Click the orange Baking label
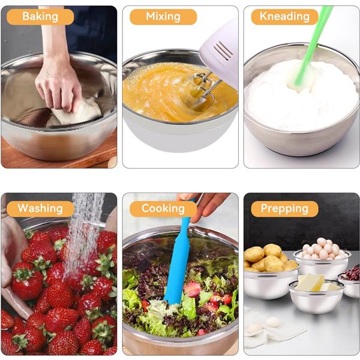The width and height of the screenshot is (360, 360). point(40,17)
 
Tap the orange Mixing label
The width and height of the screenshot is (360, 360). point(163,17)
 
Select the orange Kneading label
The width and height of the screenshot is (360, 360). point(284,17)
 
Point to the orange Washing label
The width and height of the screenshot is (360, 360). point(40,209)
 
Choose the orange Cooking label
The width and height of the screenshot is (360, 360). point(163,209)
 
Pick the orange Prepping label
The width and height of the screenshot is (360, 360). point(284,209)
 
